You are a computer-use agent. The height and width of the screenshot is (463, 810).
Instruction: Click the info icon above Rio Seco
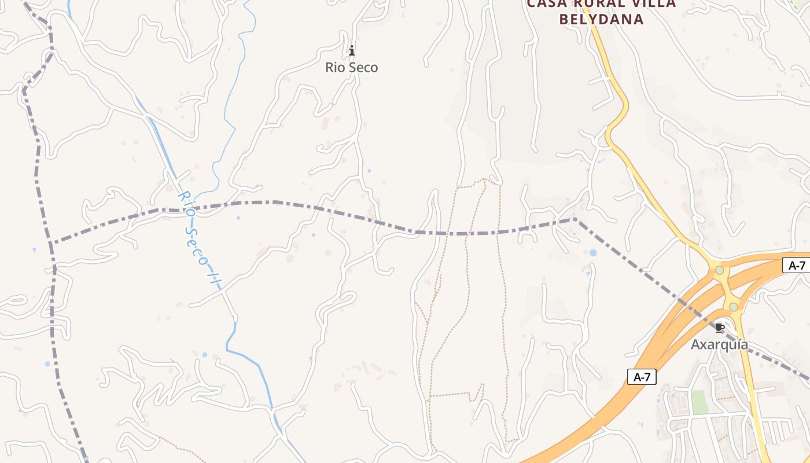coord(351,51)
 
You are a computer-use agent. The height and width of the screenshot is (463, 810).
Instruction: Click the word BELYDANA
coord(602,19)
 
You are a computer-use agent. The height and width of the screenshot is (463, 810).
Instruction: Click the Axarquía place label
coord(719,345)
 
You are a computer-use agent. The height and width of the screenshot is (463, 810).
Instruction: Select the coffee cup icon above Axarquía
coord(719,328)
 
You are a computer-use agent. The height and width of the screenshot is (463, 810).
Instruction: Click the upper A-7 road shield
coord(797,266)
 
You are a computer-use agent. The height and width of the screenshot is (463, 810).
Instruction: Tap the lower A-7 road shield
coord(642,377)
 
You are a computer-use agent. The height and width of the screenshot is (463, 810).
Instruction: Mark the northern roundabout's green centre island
coord(719,270)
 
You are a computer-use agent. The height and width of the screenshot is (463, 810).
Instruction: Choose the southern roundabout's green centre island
coord(733,307)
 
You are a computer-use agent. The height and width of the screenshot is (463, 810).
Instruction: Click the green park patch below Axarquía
coord(700,402)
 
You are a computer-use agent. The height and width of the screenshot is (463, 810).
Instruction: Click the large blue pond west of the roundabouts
coord(592,253)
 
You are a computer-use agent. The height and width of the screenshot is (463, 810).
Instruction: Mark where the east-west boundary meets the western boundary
coord(51,242)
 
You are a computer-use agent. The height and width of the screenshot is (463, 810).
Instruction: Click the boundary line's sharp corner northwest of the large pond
coord(575,219)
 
